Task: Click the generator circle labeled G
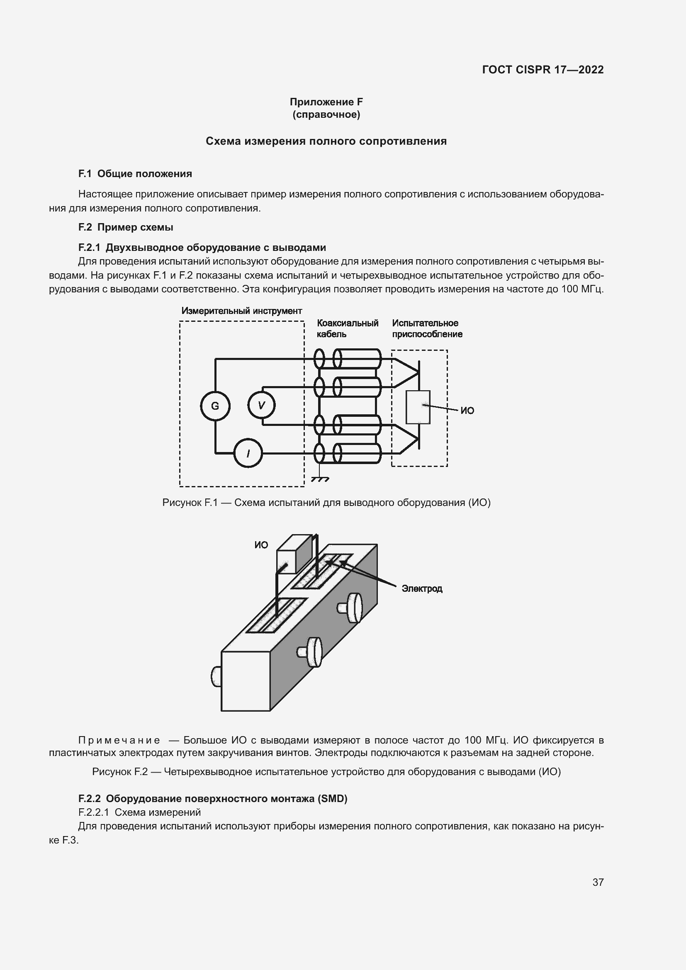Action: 215,406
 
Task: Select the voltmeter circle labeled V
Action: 261,405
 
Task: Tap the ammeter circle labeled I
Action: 248,454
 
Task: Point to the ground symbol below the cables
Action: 320,479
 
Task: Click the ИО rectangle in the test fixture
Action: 418,407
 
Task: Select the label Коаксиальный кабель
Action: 347,328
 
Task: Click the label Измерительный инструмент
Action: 242,311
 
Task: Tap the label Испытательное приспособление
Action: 427,328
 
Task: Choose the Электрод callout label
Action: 421,588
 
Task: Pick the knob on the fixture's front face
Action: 216,676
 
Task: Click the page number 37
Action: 598,882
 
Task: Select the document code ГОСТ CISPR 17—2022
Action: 542,70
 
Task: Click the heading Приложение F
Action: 326,102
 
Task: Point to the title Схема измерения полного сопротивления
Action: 326,141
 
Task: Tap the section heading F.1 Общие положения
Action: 135,174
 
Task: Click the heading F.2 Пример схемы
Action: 126,227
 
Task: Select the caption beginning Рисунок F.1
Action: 326,503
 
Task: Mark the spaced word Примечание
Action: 119,740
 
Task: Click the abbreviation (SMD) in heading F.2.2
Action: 333,798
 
